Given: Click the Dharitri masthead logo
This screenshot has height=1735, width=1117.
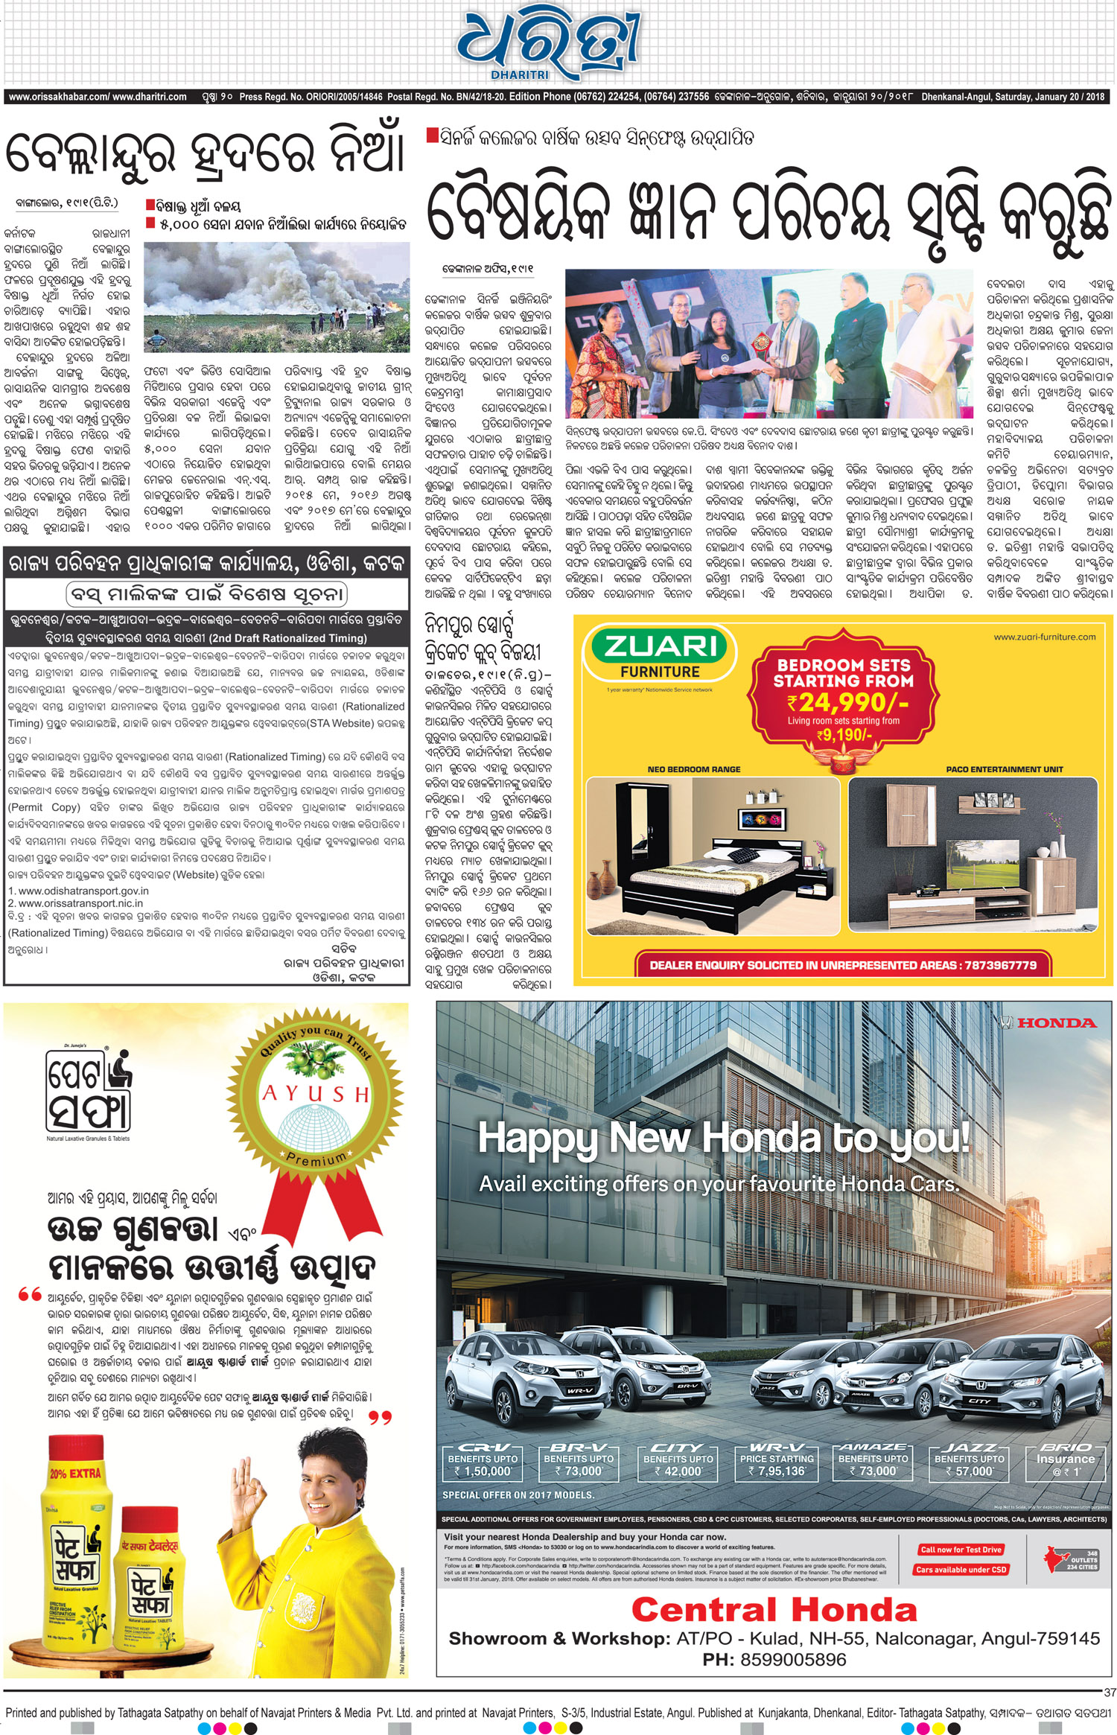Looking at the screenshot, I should (x=548, y=45).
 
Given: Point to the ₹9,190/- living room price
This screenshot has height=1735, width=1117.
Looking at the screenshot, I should (x=844, y=735).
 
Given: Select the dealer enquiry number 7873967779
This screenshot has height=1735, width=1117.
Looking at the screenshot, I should (x=1000, y=965).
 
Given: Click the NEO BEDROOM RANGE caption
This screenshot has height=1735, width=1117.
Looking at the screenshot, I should (x=693, y=769).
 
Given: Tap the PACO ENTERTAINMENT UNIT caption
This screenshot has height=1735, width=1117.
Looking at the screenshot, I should (x=1004, y=769).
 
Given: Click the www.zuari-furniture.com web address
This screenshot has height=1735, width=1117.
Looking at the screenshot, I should (x=1044, y=637).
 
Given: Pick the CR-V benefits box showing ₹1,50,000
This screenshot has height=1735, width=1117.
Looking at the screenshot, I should (x=483, y=1463).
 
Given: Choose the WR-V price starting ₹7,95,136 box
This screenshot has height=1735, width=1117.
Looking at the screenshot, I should (x=777, y=1463).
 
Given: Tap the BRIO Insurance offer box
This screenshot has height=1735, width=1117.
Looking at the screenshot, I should (x=1066, y=1463).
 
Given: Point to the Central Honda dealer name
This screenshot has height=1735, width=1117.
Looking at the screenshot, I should (x=774, y=1611).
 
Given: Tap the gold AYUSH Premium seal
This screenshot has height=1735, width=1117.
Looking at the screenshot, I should (x=316, y=1099).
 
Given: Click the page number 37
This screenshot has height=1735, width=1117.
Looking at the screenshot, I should (x=1109, y=1693).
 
